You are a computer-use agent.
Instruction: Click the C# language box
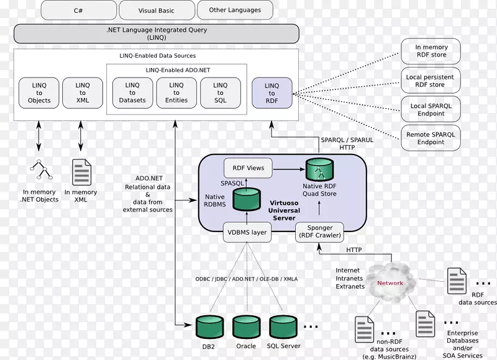[78, 10]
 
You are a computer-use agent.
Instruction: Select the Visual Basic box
[155, 10]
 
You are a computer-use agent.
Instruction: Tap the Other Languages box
[235, 10]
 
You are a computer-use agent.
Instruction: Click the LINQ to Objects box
[39, 93]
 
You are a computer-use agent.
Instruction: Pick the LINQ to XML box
[83, 93]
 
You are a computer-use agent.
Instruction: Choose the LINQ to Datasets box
[132, 93]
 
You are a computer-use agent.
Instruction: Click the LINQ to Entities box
[176, 93]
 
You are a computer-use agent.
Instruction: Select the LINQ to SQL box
[221, 93]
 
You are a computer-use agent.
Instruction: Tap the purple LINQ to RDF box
[271, 93]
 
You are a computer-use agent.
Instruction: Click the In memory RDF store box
[431, 52]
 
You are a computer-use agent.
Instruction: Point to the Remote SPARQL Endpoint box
[431, 138]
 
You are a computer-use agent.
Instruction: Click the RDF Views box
[248, 168]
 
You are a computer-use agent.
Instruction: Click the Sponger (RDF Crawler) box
[320, 232]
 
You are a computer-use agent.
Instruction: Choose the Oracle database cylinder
[246, 327]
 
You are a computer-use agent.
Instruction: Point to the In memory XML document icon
[81, 173]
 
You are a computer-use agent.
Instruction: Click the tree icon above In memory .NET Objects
[39, 169]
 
